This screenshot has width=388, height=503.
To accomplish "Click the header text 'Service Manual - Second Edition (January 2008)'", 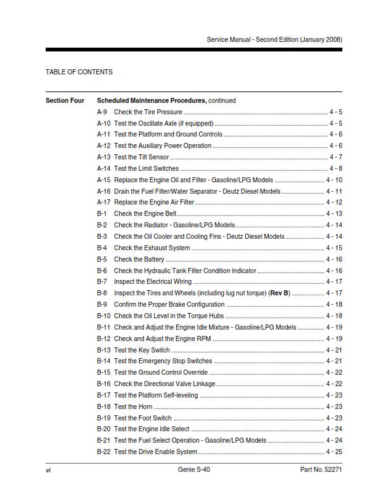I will [274, 39].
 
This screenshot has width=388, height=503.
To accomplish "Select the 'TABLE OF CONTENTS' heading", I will [79, 72].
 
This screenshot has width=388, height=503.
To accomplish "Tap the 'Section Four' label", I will [65, 100].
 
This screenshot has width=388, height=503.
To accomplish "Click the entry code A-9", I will [102, 112].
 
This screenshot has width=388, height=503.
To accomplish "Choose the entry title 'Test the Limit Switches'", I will [146, 169].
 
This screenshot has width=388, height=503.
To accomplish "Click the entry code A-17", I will [104, 203].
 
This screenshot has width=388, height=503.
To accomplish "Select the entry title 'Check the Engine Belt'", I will [145, 214].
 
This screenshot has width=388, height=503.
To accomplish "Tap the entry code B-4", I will [102, 248].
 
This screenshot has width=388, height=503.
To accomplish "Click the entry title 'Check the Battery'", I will [139, 259].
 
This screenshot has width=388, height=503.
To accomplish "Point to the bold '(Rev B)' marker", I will [280, 293].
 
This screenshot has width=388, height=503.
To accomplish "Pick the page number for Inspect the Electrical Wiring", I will [334, 282].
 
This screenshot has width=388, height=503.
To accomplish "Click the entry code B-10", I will [104, 316].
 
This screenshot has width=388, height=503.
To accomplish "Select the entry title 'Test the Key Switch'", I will [142, 350].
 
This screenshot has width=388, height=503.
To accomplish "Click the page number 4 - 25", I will [334, 452].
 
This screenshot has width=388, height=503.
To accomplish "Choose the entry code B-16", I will [104, 384].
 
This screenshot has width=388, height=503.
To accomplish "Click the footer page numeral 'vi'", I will [48, 470].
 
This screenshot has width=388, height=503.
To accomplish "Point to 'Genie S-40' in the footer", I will [194, 470].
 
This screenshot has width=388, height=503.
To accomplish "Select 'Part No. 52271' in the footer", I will [321, 470].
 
